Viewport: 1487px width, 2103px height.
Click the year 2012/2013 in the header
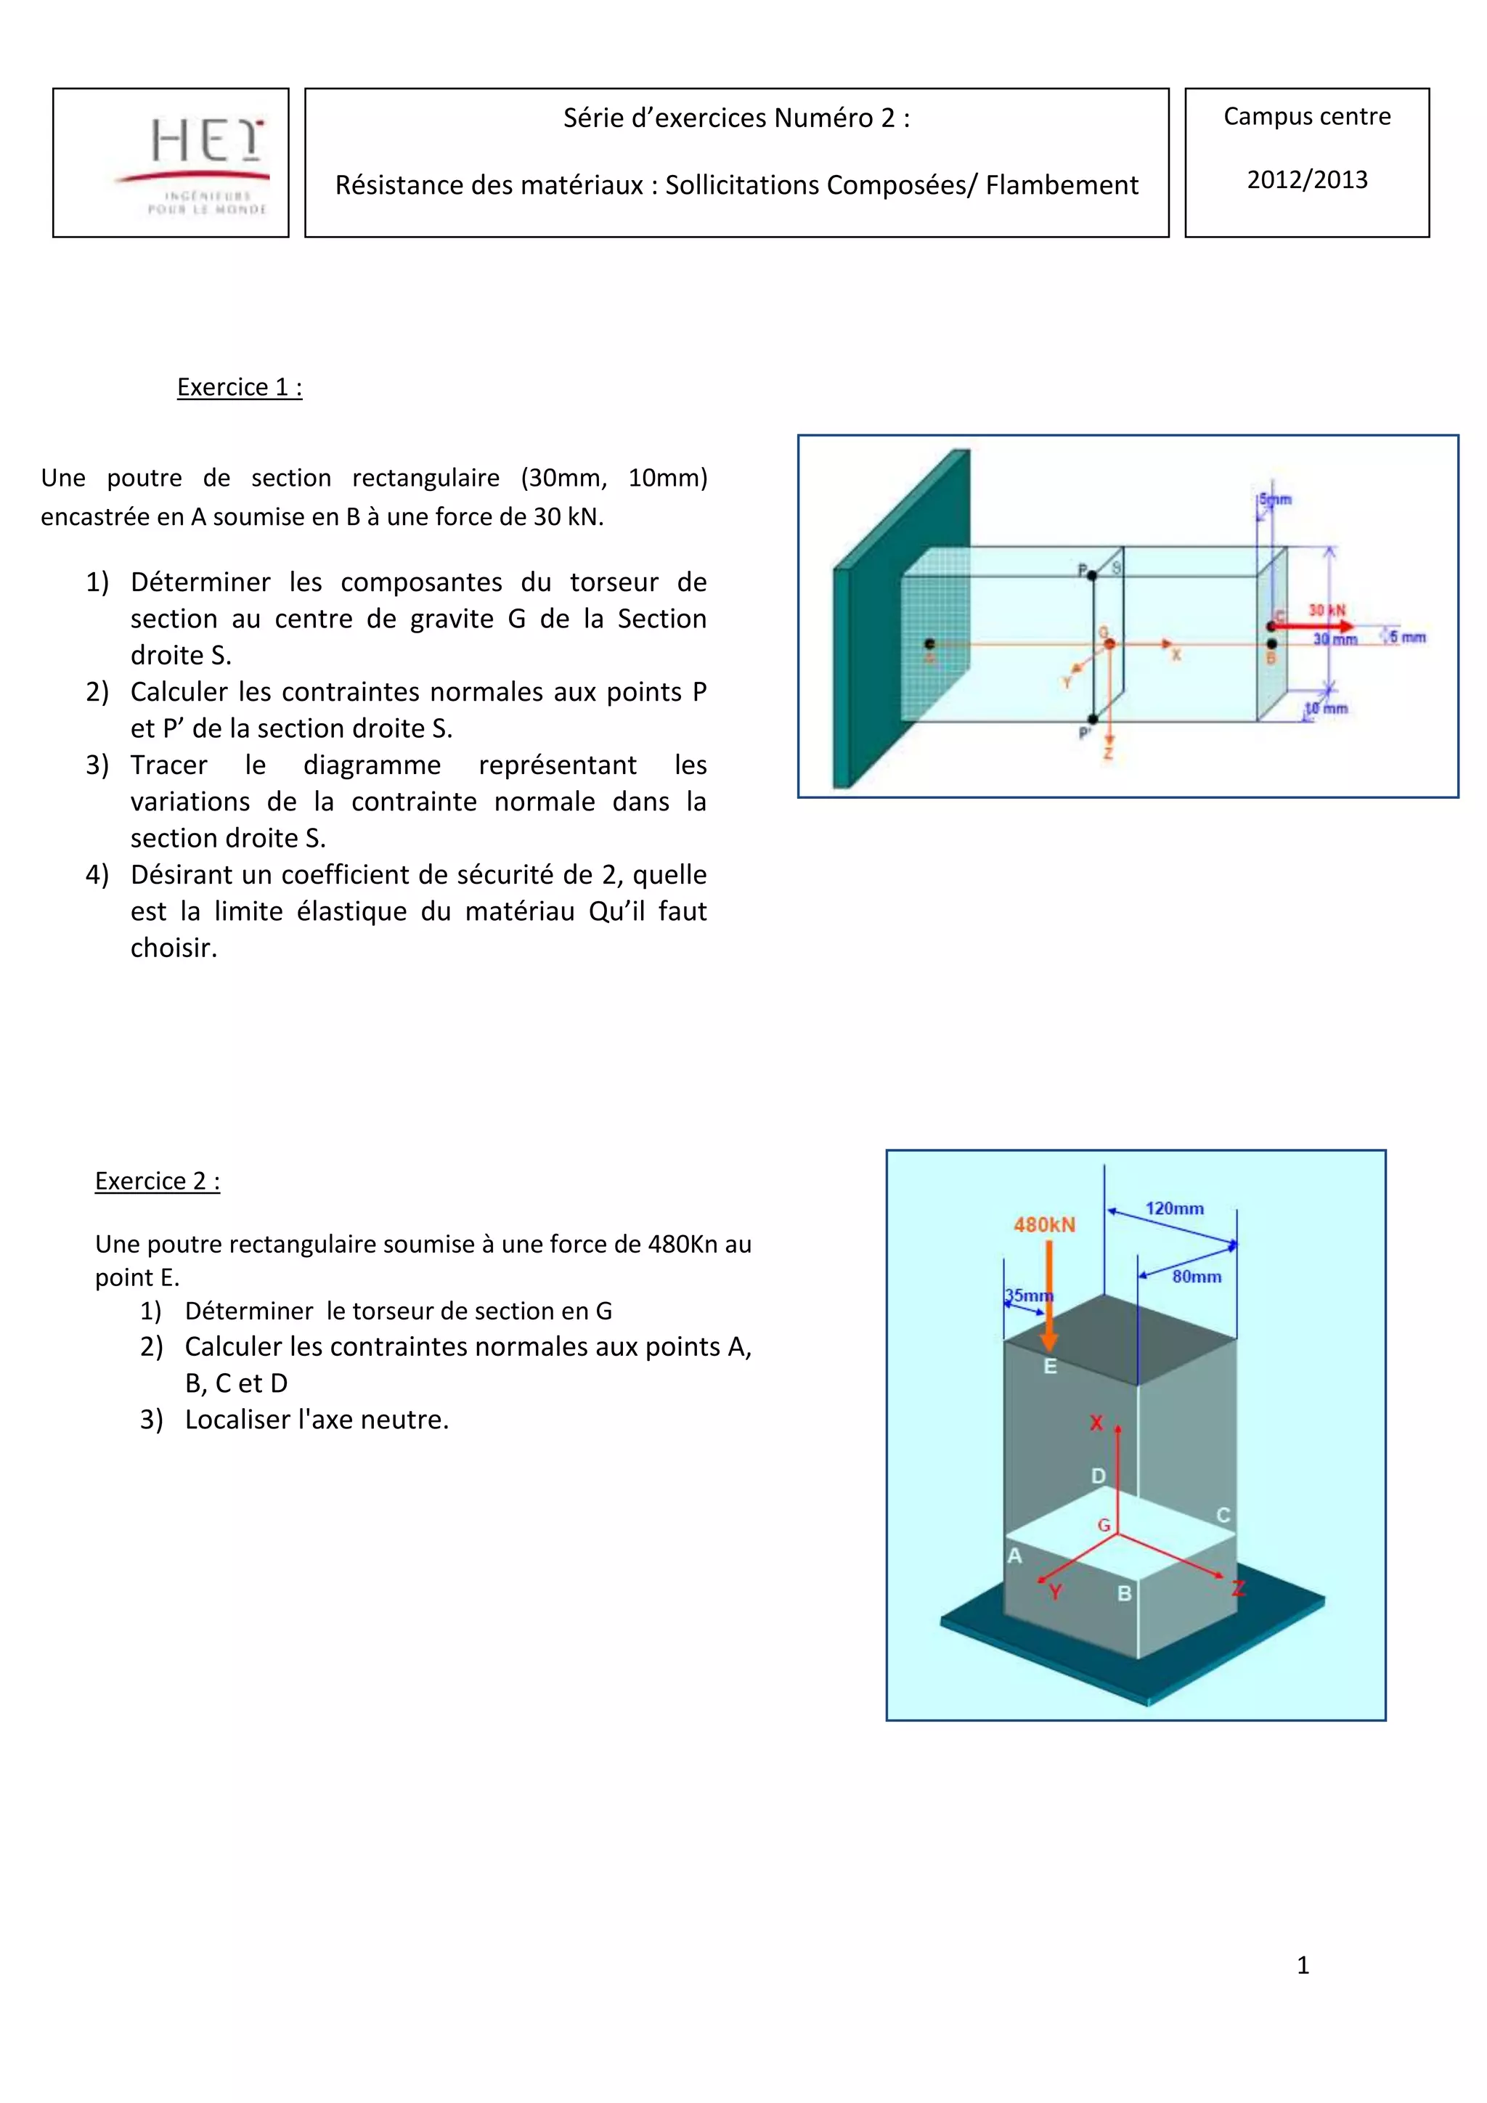(1307, 179)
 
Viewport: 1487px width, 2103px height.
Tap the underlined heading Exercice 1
(239, 388)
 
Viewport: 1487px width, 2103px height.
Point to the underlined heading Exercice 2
(158, 1181)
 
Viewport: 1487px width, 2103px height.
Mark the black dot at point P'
(1092, 720)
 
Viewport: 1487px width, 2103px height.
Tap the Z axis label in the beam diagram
(1108, 754)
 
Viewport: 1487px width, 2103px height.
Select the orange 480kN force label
(1044, 1224)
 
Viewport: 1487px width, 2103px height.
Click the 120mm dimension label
(1174, 1208)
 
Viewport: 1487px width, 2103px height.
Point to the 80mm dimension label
(1196, 1276)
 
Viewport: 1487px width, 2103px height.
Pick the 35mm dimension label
(1028, 1295)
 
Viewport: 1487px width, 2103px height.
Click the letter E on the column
(1050, 1366)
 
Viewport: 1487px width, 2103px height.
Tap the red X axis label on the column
(1096, 1423)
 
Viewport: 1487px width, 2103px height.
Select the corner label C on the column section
(1223, 1515)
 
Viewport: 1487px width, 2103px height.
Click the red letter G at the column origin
(1104, 1525)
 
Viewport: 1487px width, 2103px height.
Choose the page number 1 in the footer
(1303, 1965)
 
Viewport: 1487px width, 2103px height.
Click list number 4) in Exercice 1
(97, 875)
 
